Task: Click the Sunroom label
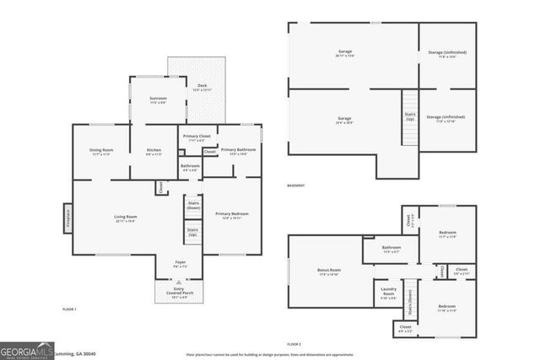[158, 99]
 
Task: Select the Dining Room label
[101, 151]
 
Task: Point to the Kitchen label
[154, 151]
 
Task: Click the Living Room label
[126, 218]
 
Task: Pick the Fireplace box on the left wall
[67, 218]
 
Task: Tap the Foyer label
[181, 264]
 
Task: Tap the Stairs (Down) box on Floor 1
[192, 205]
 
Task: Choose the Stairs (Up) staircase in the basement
[410, 117]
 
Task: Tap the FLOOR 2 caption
[294, 344]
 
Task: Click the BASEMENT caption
[295, 185]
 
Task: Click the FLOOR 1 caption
[69, 309]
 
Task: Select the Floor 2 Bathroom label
[392, 249]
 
